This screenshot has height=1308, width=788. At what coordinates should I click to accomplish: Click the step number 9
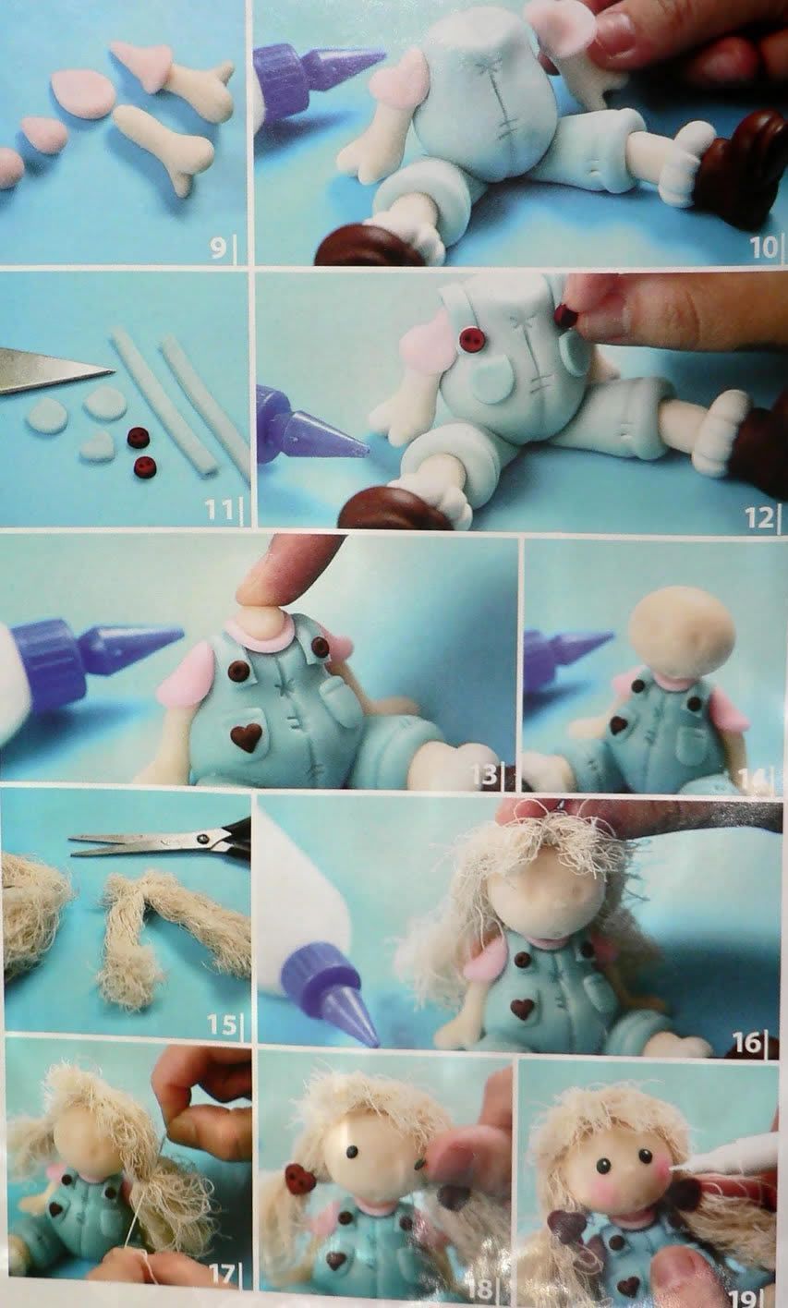(217, 248)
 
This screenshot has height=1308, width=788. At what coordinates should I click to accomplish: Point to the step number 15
(222, 1024)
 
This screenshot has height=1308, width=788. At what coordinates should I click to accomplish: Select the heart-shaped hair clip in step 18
(300, 1179)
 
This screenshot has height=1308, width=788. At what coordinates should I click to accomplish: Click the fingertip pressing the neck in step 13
(273, 584)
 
